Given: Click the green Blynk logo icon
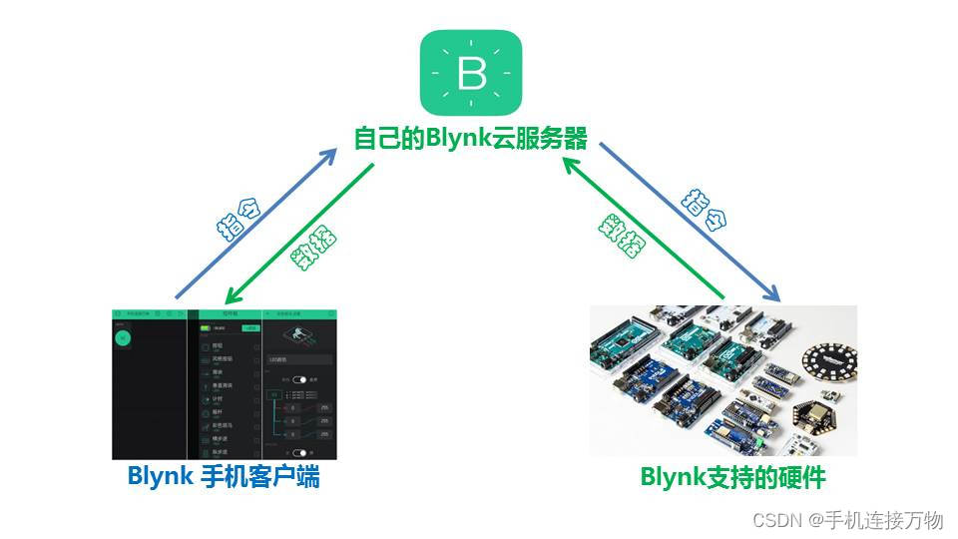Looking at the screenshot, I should [471, 73].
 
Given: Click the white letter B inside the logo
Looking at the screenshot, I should [471, 75].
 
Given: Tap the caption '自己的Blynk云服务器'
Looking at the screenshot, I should [471, 138].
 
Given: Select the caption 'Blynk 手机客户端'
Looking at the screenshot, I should [224, 477].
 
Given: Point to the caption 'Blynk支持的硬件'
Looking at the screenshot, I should [732, 477].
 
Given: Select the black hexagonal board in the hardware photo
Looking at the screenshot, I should [816, 420].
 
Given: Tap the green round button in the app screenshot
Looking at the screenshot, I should [123, 337].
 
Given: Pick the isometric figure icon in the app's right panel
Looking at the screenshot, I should [298, 335].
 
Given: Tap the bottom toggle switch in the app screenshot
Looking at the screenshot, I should [299, 452].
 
